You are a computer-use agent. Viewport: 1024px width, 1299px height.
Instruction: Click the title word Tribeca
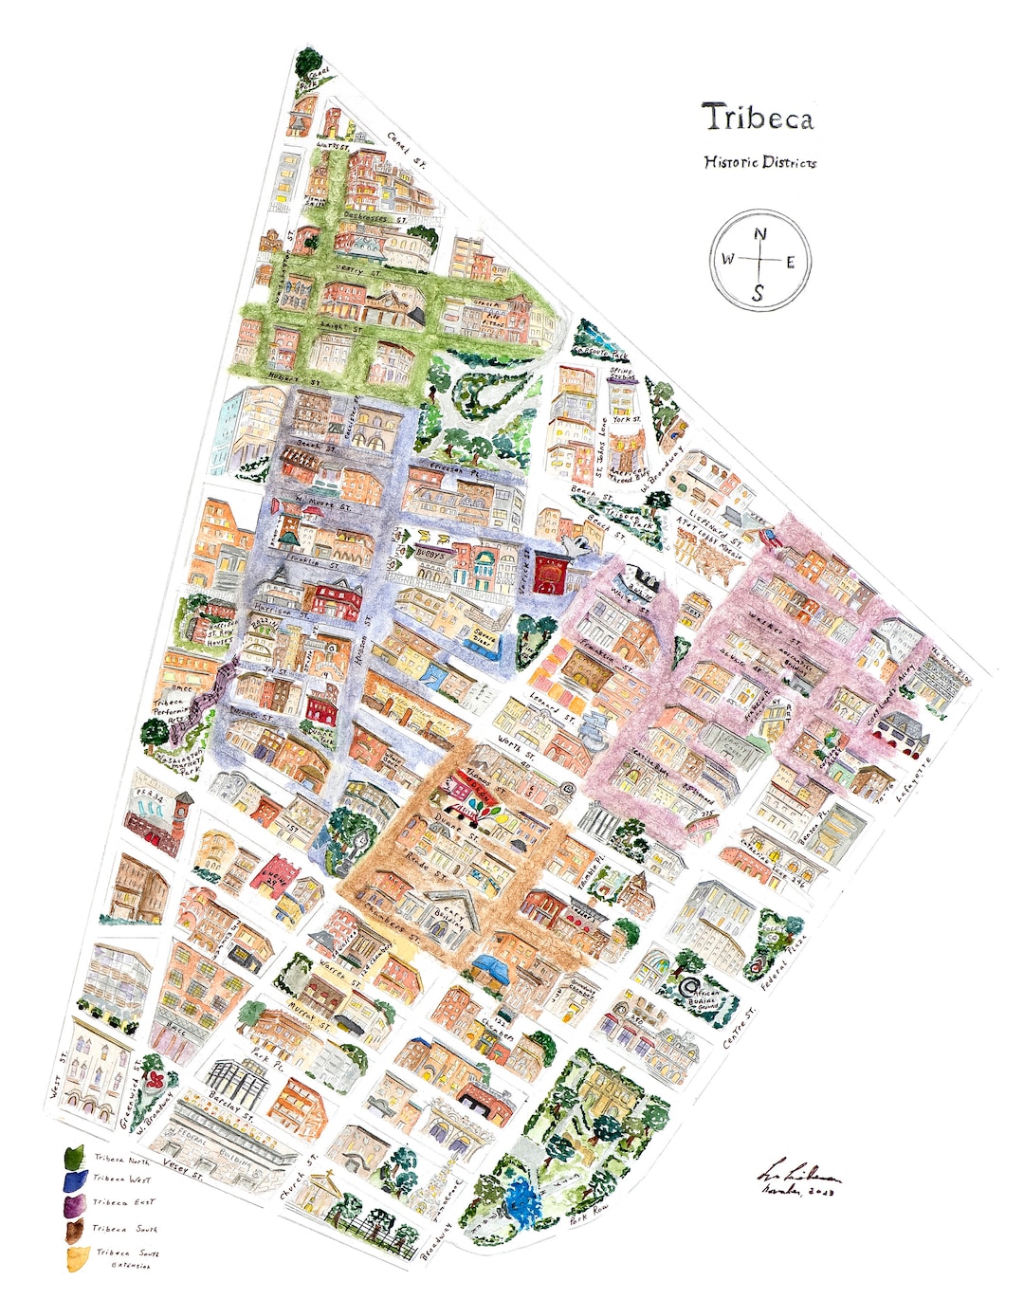pyautogui.click(x=757, y=118)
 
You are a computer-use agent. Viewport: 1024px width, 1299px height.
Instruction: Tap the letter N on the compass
pyautogui.click(x=760, y=236)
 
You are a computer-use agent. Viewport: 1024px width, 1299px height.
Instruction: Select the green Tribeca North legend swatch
pyautogui.click(x=73, y=1159)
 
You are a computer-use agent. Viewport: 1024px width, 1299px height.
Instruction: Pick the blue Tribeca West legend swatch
pyautogui.click(x=73, y=1181)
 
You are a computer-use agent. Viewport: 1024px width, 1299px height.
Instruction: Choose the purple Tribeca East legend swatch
pyautogui.click(x=73, y=1205)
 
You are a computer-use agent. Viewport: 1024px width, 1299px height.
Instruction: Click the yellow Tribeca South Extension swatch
pyautogui.click(x=73, y=1257)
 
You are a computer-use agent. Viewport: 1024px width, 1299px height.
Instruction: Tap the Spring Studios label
pyautogui.click(x=622, y=375)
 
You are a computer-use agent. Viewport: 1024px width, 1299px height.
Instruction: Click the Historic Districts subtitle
pyautogui.click(x=759, y=162)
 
